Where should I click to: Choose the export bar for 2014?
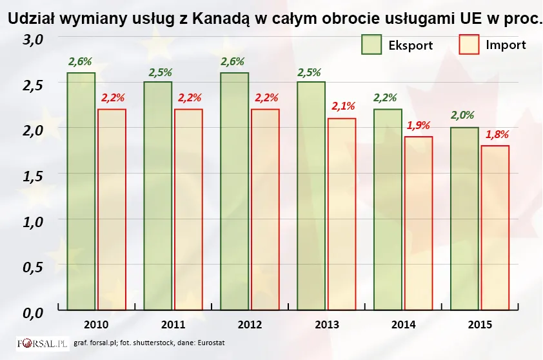pos(388,209)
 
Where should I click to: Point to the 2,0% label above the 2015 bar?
pos(464,115)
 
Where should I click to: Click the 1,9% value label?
pos(418,125)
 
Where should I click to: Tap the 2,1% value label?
pos(342,106)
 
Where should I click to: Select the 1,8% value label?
pos(495,134)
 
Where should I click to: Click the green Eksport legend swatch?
pos(371,45)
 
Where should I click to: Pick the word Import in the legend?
pos(506,45)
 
